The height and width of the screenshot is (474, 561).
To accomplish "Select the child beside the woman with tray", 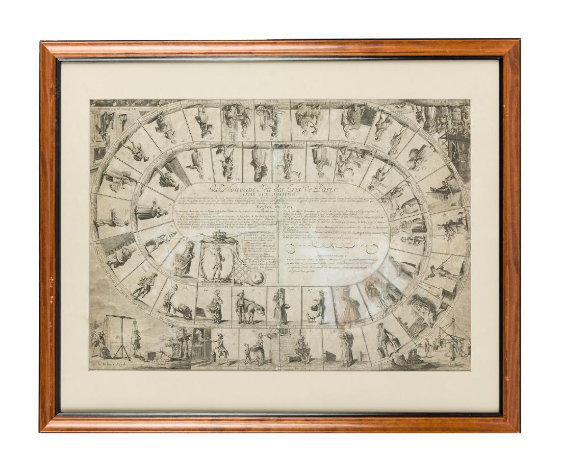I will point(248,356).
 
